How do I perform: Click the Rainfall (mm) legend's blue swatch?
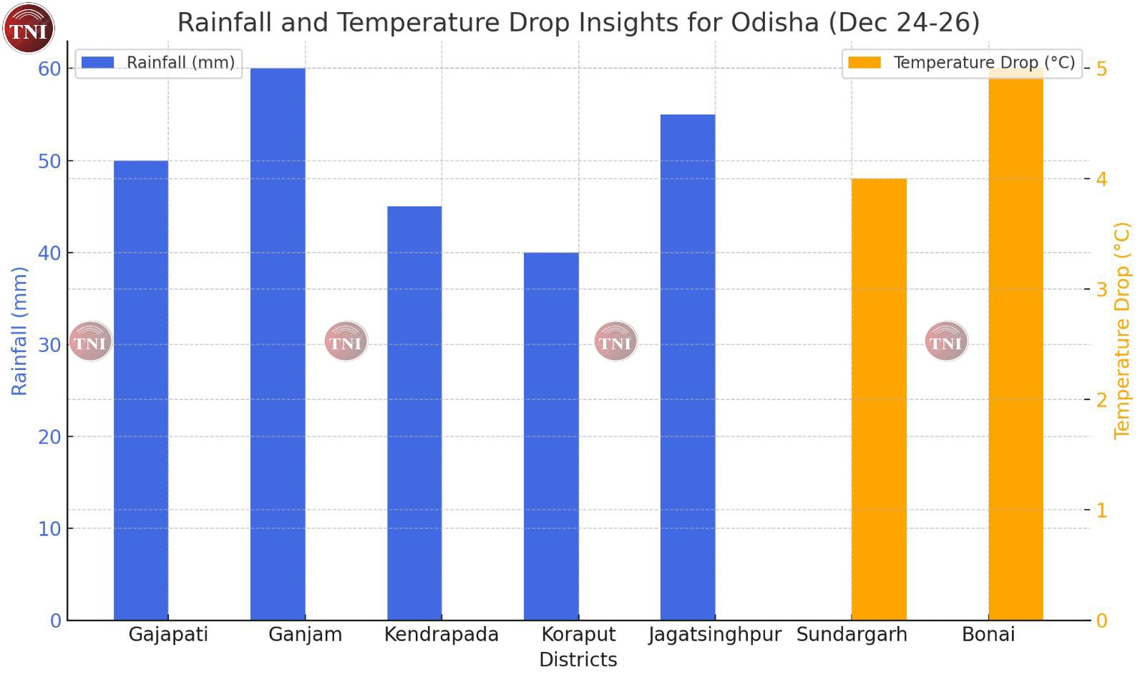(x=98, y=62)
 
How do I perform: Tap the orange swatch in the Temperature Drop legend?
(x=864, y=62)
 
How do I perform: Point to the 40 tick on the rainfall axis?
(x=49, y=253)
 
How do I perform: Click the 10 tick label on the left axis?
(x=49, y=529)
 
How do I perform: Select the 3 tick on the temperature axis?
(x=1101, y=289)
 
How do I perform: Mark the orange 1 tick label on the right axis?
(x=1101, y=510)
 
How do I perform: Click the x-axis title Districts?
(x=578, y=660)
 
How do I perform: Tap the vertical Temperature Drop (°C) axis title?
(x=1121, y=331)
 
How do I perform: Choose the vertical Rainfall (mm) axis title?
(x=19, y=331)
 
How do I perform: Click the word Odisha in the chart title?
(x=775, y=23)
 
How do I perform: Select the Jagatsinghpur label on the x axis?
(x=715, y=635)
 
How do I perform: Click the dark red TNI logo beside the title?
(x=29, y=29)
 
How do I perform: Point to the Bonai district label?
(x=988, y=635)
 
